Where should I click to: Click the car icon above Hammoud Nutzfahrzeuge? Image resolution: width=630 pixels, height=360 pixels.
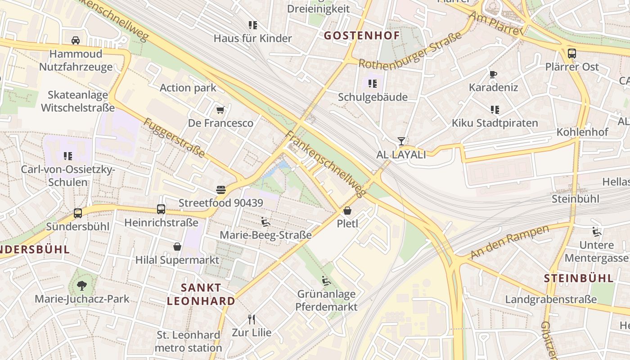(x=76, y=40)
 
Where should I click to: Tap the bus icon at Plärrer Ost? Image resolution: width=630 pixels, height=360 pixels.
(x=571, y=53)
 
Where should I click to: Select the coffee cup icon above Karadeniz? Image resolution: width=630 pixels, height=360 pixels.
(x=493, y=74)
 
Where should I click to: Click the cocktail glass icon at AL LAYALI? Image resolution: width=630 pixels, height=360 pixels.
(x=401, y=141)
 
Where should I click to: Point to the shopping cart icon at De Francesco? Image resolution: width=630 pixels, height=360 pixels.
(x=220, y=110)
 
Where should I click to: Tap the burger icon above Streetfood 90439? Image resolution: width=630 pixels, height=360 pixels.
(x=220, y=190)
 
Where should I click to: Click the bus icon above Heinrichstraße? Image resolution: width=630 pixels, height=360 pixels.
(x=161, y=209)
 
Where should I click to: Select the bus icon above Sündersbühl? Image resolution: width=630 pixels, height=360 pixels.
(x=78, y=213)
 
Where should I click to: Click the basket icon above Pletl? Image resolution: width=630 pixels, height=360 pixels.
(x=347, y=210)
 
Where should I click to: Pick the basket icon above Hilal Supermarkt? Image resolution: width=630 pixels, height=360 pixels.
(x=177, y=247)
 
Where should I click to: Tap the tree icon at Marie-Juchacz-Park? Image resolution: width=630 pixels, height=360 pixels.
(x=81, y=285)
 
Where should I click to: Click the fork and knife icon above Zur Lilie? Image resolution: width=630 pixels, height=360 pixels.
(x=252, y=319)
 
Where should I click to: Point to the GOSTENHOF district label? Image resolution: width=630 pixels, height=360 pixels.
(x=362, y=36)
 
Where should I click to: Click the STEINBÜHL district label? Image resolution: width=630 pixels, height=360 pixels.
(x=579, y=278)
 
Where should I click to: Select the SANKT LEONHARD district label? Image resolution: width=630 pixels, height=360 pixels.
(x=201, y=294)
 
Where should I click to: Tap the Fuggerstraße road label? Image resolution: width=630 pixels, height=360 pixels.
(x=175, y=138)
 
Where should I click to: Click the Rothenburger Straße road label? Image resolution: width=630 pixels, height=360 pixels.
(x=410, y=50)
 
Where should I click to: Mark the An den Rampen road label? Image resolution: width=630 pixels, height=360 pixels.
(x=510, y=242)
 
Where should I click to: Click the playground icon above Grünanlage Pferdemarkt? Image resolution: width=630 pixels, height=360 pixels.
(x=327, y=281)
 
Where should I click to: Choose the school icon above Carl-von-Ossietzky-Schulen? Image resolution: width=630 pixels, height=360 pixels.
(x=68, y=156)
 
